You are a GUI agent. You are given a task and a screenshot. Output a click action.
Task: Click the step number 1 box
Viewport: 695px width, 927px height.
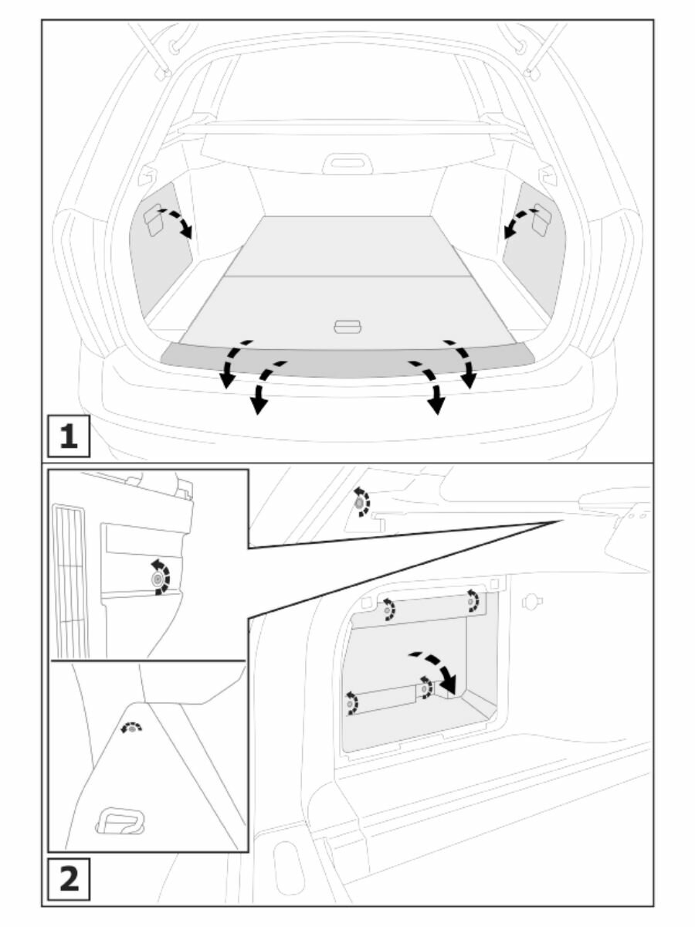pyautogui.click(x=69, y=436)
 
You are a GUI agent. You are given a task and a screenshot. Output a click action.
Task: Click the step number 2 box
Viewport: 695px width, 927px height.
pyautogui.click(x=69, y=879)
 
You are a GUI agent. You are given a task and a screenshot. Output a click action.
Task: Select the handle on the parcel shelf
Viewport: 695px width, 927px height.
pyautogui.click(x=347, y=163)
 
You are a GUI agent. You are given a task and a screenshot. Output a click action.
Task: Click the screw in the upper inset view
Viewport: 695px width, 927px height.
pyautogui.click(x=158, y=578)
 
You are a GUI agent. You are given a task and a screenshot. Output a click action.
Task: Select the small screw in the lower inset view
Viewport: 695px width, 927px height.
pyautogui.click(x=133, y=728)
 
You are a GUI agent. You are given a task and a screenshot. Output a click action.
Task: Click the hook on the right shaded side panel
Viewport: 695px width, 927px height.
pyautogui.click(x=541, y=221)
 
